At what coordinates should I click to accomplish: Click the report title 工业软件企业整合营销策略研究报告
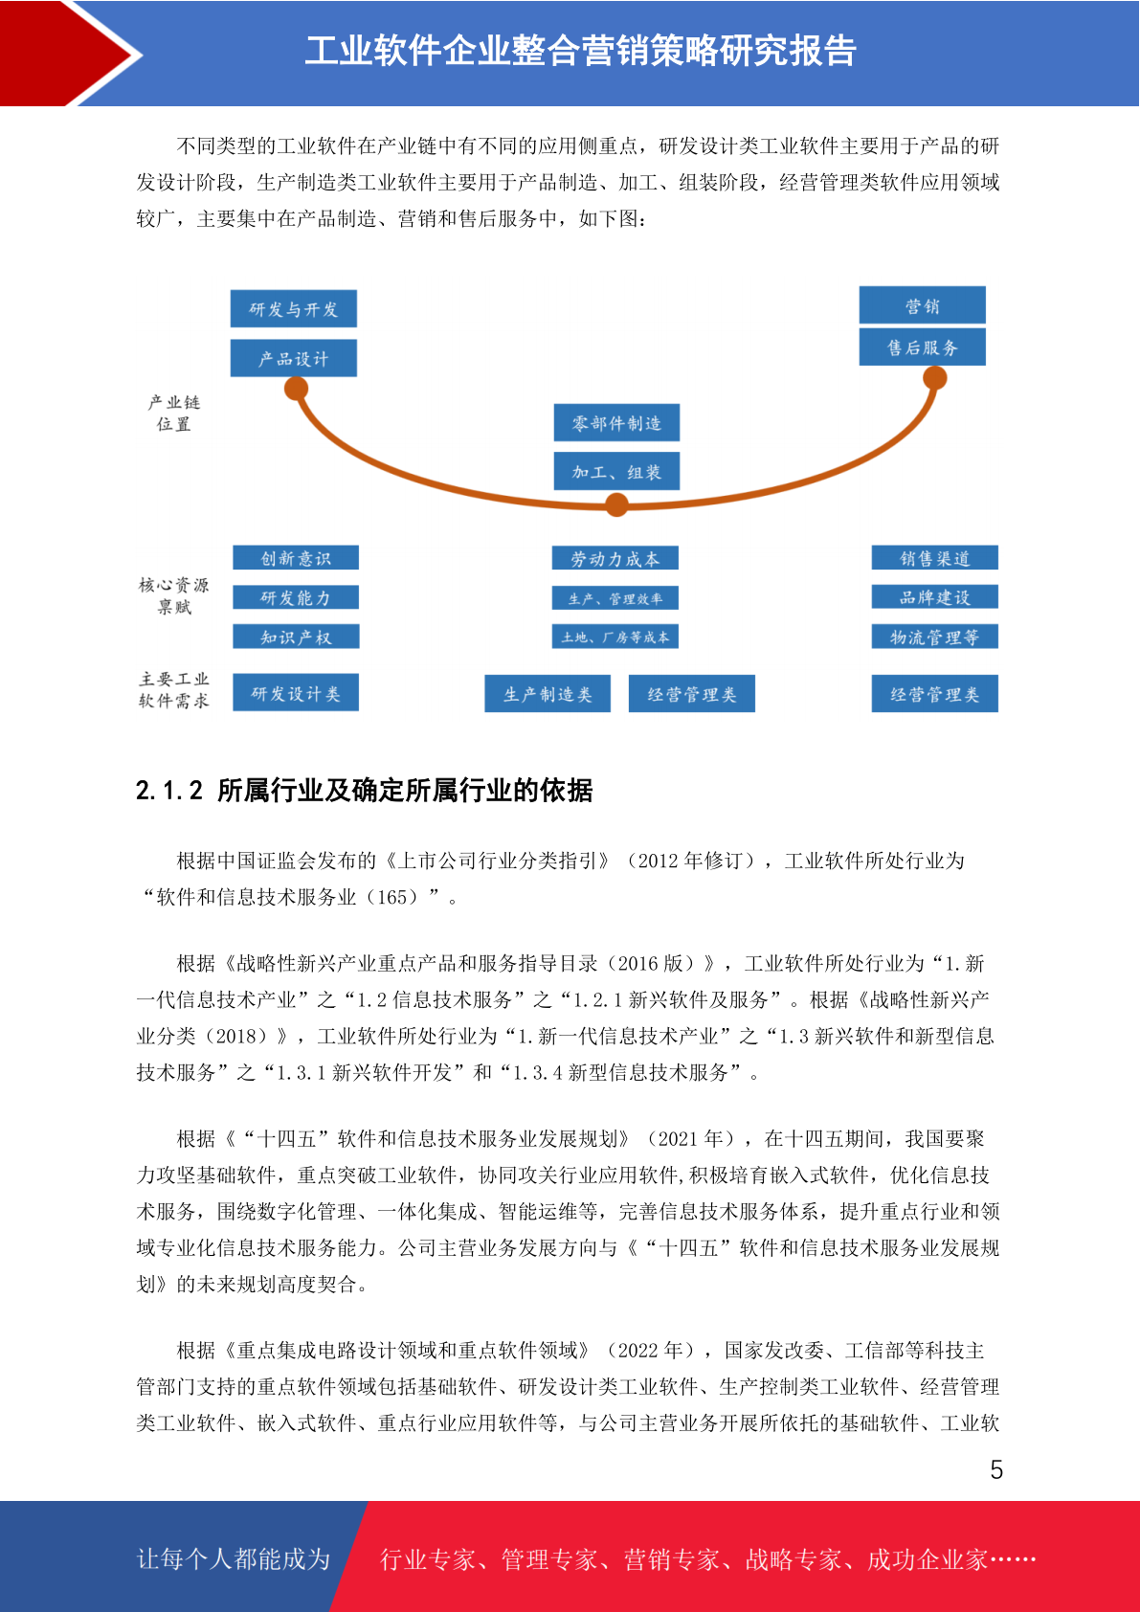pos(580,51)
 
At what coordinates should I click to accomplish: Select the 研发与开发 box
pos(294,309)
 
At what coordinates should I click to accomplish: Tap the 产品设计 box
pos(294,358)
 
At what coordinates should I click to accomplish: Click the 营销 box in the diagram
pos(922,305)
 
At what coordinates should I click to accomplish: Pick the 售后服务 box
pos(922,347)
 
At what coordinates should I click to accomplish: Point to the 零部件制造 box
pos(616,422)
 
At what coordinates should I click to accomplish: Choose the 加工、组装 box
pos(616,471)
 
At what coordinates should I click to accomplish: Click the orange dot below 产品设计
pos(296,389)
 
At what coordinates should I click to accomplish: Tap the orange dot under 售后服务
pos(934,378)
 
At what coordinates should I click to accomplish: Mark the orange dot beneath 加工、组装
pos(616,504)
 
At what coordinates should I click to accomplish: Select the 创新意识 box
pos(296,558)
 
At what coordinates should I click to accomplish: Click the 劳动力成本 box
pos(615,558)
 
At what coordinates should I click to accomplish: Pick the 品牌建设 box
pos(935,596)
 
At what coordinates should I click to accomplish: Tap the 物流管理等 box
pos(935,637)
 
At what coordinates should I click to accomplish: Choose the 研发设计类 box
pos(296,693)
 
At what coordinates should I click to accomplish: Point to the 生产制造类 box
pos(548,694)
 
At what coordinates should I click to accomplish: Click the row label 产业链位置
pos(174,414)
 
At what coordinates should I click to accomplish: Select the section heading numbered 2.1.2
pos(364,790)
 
